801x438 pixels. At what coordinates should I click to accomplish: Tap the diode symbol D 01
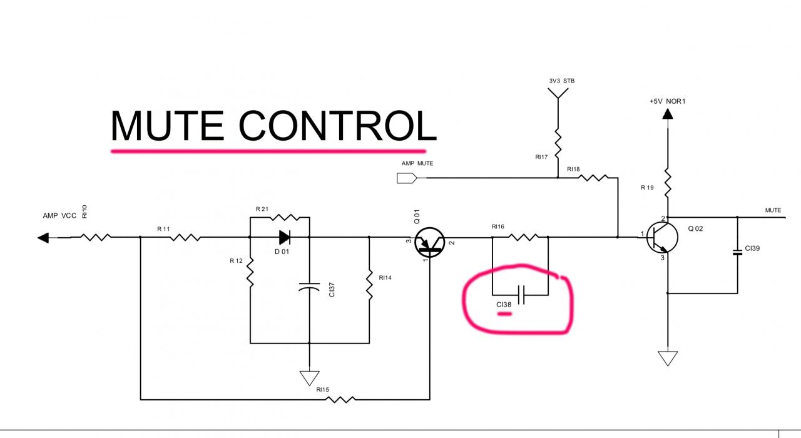click(285, 237)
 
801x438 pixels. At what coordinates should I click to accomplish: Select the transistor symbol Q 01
click(430, 242)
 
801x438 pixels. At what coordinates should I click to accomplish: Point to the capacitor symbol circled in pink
click(521, 293)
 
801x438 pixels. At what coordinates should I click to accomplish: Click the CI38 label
click(504, 305)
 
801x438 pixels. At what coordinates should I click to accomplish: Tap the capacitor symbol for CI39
click(737, 253)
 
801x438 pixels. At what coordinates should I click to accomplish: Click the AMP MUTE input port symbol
click(407, 178)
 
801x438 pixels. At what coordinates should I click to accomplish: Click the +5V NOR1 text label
click(667, 101)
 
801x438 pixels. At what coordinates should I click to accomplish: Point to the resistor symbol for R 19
click(668, 181)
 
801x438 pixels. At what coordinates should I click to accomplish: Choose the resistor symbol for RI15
click(338, 399)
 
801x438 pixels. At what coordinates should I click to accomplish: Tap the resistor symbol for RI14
click(369, 285)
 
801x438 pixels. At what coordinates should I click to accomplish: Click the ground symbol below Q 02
click(668, 358)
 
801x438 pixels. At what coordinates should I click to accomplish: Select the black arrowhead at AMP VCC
click(43, 238)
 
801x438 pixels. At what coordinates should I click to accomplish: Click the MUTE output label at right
click(773, 210)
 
